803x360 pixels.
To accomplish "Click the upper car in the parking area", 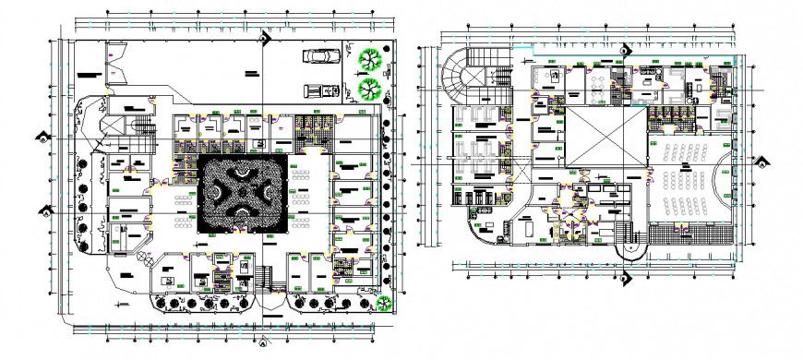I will (319, 55).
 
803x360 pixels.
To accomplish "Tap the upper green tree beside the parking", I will (368, 57).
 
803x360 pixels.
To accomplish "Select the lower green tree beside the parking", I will (368, 90).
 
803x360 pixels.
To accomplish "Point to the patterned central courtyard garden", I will (237, 192).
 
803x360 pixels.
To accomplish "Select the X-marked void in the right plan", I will (604, 137).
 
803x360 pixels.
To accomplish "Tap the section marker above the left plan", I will (263, 37).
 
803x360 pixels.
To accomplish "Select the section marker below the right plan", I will (624, 274).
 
